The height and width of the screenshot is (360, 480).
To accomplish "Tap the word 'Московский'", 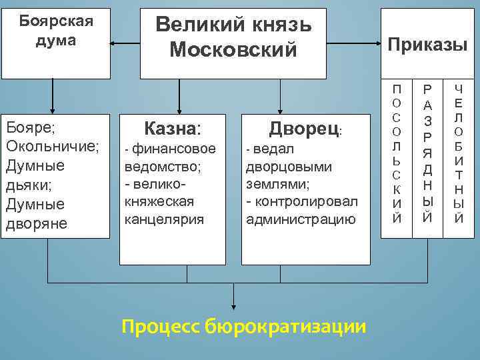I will (233, 49).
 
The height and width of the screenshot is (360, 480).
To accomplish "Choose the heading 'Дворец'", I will (304, 128).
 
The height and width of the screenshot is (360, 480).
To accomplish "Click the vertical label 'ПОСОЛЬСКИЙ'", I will (397, 153).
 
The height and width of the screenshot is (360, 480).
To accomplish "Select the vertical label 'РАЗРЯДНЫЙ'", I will (428, 153).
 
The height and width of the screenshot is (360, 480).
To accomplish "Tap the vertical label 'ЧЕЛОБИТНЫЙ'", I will (459, 153).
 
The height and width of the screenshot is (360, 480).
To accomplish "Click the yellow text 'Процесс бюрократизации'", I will (244, 326).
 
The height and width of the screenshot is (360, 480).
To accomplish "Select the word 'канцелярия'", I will (165, 219).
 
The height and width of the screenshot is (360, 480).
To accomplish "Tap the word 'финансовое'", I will (174, 149).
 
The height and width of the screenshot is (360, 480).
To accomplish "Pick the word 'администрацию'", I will (301, 219).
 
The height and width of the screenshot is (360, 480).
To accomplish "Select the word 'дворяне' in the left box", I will (36, 223).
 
